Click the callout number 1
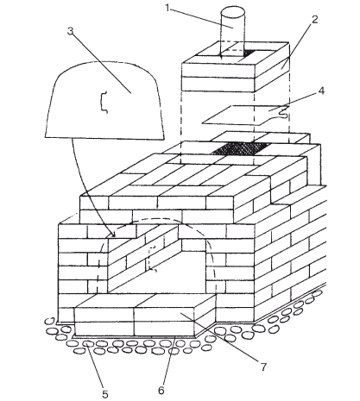pos(167,8)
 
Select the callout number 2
pos(315,20)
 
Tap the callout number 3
pos(71,31)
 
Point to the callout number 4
pos(321,91)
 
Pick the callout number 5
pos(105,394)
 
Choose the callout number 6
pos(161,390)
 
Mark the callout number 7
pos(263,367)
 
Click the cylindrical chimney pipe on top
pos(233,32)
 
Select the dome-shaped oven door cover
pos(104,100)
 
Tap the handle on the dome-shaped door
pos(104,102)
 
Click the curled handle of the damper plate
pos(282,113)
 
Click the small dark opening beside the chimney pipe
pos(249,53)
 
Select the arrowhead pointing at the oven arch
pos(113,234)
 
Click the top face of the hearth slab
pos(144,300)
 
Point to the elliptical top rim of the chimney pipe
pos(233,12)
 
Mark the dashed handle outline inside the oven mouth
pos(151,259)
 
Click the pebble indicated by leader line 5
pos(88,343)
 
